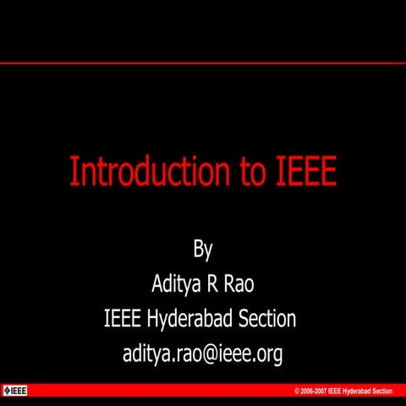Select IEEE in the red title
click(x=307, y=172)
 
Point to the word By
click(x=203, y=250)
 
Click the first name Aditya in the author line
click(x=174, y=284)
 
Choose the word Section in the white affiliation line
click(x=268, y=319)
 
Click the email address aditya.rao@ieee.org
click(x=202, y=354)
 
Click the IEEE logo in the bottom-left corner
click(x=15, y=391)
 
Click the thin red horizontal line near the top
click(x=203, y=63)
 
